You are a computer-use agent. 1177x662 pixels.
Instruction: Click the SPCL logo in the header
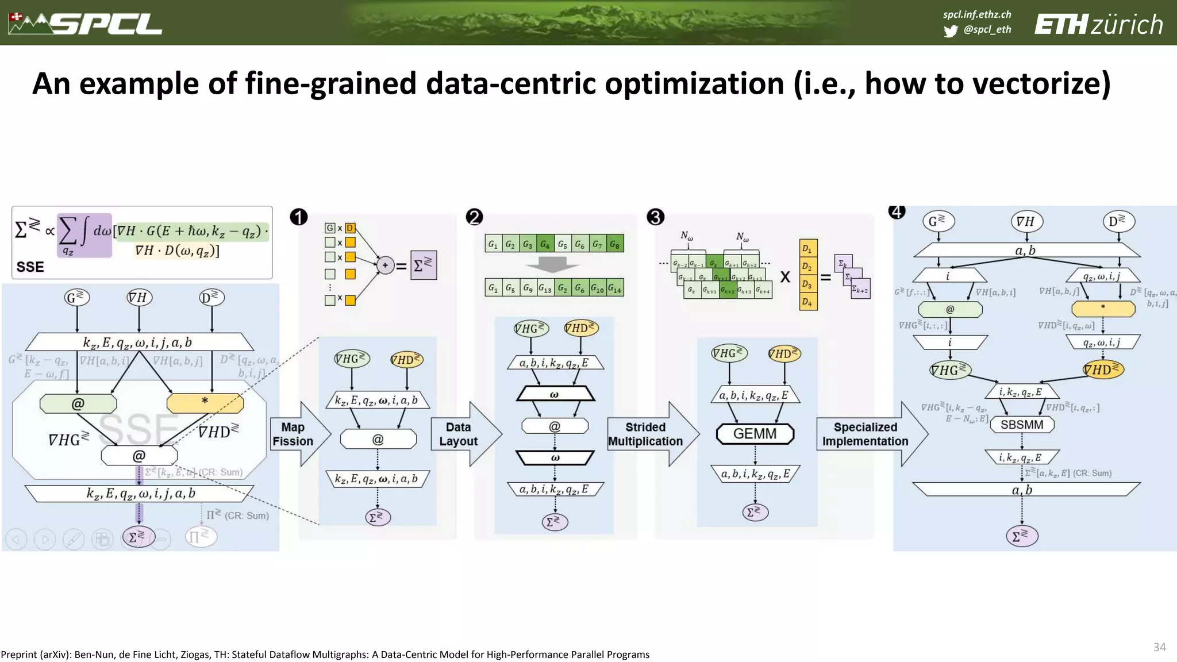tap(86, 24)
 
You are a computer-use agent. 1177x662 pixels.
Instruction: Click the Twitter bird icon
tap(951, 31)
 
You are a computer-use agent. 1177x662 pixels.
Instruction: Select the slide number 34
tap(1159, 647)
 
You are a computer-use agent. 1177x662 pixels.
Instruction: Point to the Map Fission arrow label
tap(293, 434)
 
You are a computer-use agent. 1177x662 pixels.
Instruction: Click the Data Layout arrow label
tap(458, 434)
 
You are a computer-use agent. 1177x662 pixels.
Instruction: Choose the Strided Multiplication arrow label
tap(645, 434)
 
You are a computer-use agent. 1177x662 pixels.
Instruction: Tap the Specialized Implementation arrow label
tap(865, 434)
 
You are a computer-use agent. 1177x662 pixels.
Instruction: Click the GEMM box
tap(755, 434)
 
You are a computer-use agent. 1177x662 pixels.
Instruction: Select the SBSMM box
tap(1022, 425)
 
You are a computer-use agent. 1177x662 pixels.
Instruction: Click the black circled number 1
tap(299, 217)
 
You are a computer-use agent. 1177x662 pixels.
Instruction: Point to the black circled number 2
tap(474, 217)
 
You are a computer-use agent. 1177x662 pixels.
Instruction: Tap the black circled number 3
tap(655, 217)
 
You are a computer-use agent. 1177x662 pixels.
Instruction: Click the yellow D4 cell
tap(807, 302)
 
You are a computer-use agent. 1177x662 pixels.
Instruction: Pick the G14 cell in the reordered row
tap(614, 288)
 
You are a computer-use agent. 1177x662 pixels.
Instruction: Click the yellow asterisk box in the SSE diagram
tap(205, 403)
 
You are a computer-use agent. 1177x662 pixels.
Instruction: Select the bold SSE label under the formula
tap(30, 267)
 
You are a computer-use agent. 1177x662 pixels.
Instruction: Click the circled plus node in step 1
tap(385, 265)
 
